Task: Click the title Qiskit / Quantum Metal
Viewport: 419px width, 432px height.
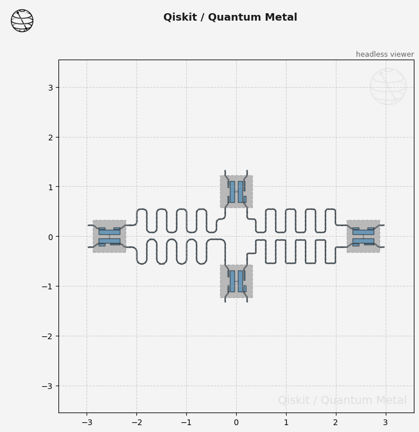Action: tap(230, 17)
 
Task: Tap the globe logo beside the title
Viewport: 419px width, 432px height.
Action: tap(22, 21)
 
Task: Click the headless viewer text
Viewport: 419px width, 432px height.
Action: tap(385, 54)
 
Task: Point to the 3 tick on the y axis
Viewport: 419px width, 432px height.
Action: tap(50, 88)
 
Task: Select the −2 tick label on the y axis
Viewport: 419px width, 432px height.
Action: tap(47, 336)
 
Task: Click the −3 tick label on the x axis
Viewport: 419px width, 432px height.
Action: tap(87, 422)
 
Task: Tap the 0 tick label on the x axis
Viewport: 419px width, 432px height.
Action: tap(236, 422)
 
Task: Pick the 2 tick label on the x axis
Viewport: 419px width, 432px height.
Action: tap(336, 422)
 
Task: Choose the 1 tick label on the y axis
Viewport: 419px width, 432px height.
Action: tap(50, 187)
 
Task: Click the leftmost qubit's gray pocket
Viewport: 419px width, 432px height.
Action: tap(109, 236)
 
